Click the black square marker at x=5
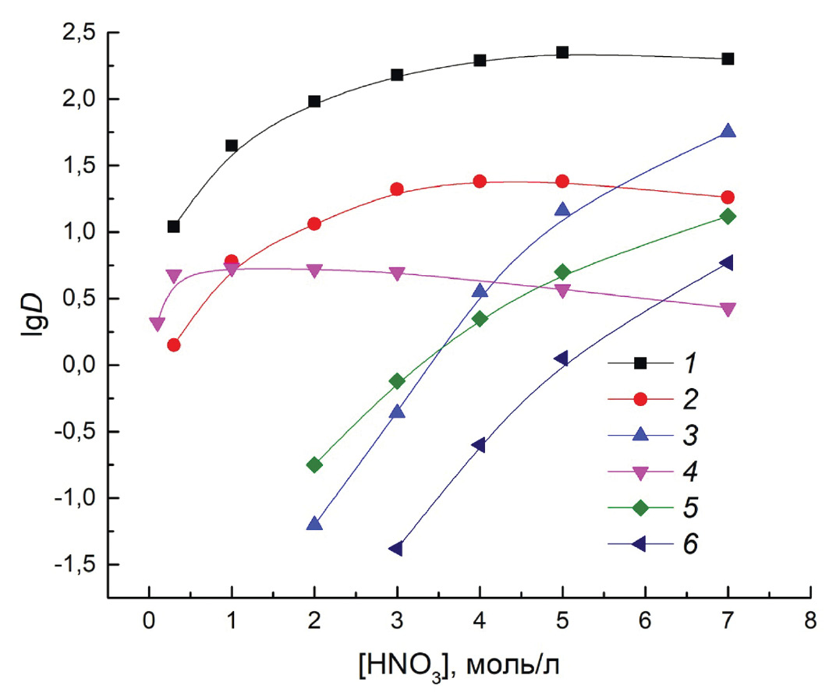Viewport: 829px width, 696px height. [x=562, y=53]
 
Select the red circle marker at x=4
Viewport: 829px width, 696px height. [x=480, y=181]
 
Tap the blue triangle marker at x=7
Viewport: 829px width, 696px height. [x=728, y=131]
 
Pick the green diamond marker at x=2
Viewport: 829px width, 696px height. [x=314, y=465]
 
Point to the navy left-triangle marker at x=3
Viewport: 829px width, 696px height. [x=397, y=549]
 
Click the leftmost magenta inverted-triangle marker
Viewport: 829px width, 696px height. [x=157, y=324]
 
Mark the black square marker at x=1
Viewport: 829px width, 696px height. [x=232, y=146]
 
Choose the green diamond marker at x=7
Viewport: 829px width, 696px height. [x=728, y=216]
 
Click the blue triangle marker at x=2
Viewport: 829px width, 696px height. [x=314, y=524]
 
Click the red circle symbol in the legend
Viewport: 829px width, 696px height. [x=641, y=399]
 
